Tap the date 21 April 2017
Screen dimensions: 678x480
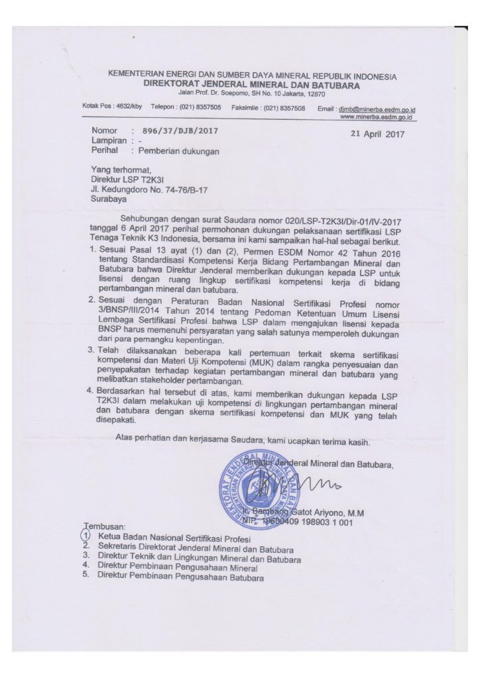coord(375,135)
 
